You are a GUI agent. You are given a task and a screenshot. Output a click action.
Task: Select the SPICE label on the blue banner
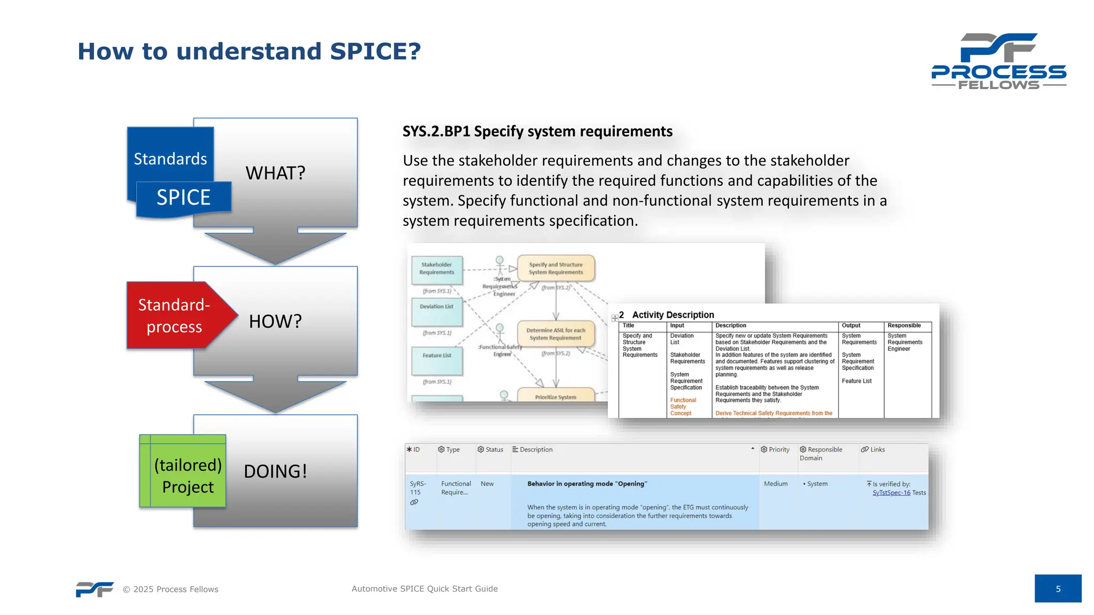coord(183,198)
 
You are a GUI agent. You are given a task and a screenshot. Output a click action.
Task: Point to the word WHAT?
coord(275,174)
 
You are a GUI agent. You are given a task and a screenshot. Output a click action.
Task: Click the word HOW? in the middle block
coord(275,321)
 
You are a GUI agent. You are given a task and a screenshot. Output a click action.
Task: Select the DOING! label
coord(275,471)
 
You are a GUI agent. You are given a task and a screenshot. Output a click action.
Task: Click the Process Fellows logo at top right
coord(998,61)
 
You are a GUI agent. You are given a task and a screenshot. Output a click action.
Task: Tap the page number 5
coord(1058,589)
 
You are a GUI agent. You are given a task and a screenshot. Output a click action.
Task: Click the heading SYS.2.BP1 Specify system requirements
coord(537,131)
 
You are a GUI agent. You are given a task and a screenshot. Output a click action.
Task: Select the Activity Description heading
coord(673,315)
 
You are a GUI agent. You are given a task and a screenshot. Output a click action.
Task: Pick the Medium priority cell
coord(776,484)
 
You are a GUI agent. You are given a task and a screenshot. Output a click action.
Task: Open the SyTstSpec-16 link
coord(891,493)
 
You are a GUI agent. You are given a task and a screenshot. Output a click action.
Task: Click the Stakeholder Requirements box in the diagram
coord(436,269)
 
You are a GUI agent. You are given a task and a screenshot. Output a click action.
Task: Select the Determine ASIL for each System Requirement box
coord(556,334)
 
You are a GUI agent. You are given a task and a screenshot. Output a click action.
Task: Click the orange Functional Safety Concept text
coord(683,407)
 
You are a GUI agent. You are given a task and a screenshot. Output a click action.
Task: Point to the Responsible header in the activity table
coord(904,326)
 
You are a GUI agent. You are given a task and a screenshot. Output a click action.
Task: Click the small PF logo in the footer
coord(95,589)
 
